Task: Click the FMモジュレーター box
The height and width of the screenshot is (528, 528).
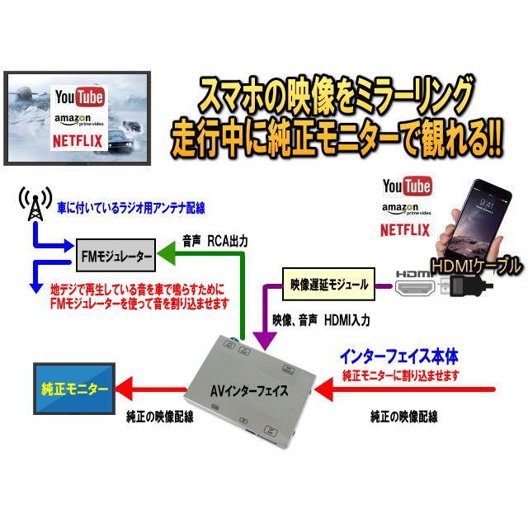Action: coord(115,256)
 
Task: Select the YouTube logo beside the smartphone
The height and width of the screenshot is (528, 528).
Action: coord(407,186)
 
